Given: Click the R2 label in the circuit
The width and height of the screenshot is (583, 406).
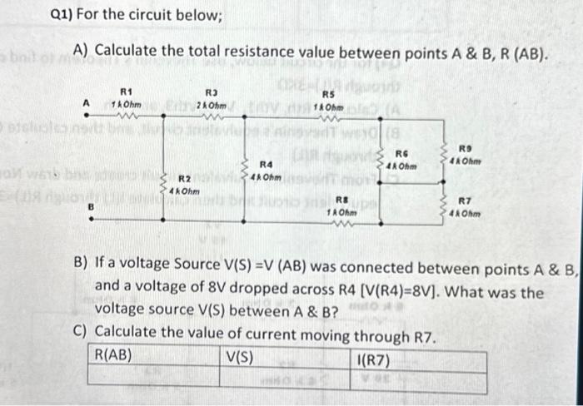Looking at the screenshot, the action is point(186,180).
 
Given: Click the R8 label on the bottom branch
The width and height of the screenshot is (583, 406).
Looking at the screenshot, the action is point(341,200).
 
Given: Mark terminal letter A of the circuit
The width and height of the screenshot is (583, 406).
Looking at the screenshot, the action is point(84,103).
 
